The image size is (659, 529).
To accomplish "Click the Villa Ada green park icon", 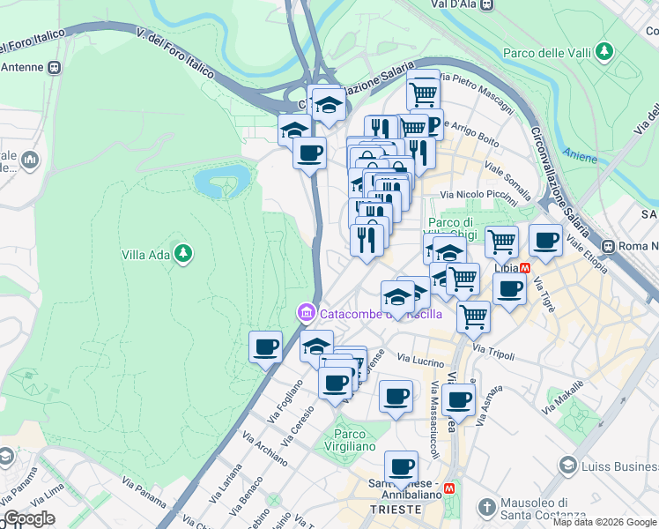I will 183,255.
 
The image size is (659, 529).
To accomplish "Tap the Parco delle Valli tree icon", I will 604,52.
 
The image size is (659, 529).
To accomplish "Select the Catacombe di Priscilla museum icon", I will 306,313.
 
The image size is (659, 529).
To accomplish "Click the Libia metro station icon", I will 526,267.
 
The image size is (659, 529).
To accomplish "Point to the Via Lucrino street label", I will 420,360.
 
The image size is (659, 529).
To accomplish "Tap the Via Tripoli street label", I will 492,348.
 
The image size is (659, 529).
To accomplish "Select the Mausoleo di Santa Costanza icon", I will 486,507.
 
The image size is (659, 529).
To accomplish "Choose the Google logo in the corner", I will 29,518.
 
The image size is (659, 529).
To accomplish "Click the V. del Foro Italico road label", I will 177,49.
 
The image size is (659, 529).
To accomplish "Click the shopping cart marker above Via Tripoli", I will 474,315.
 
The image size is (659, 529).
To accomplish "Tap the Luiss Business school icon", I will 568,465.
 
